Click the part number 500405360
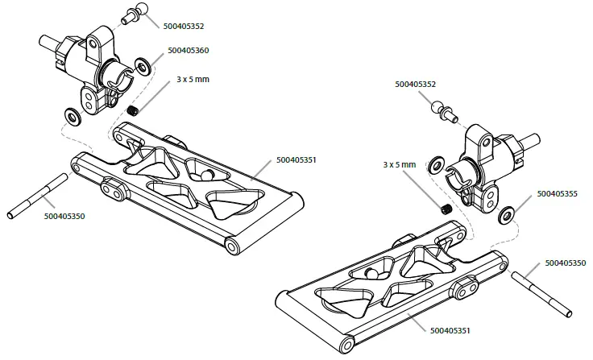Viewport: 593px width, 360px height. point(189,51)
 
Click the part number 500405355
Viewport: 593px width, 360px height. point(557,194)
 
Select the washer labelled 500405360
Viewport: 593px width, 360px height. point(143,64)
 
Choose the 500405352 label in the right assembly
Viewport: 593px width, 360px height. point(417,84)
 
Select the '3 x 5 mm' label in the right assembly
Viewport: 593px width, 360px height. point(400,165)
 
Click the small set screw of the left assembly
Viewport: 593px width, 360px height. point(135,110)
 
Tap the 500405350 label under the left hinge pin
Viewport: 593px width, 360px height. point(65,216)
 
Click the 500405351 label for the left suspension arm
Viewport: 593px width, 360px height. point(296,160)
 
